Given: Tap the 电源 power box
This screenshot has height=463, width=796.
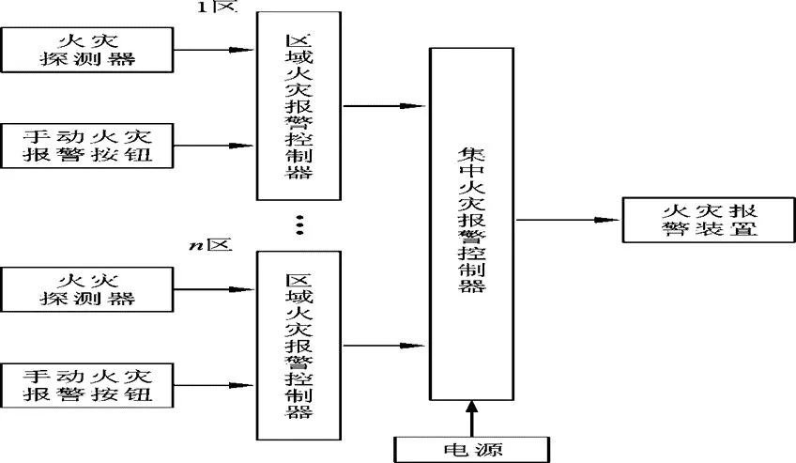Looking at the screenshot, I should tap(469, 447).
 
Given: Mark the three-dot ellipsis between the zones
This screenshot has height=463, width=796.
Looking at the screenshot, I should tap(299, 225).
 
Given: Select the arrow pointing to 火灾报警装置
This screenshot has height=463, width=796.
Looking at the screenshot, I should tap(567, 220).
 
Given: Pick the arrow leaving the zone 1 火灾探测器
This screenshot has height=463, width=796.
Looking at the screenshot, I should tap(215, 50).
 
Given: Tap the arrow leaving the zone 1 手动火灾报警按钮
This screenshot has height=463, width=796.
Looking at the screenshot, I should tap(215, 146).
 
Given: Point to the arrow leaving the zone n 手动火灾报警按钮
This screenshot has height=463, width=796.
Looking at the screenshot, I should tap(215, 385).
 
